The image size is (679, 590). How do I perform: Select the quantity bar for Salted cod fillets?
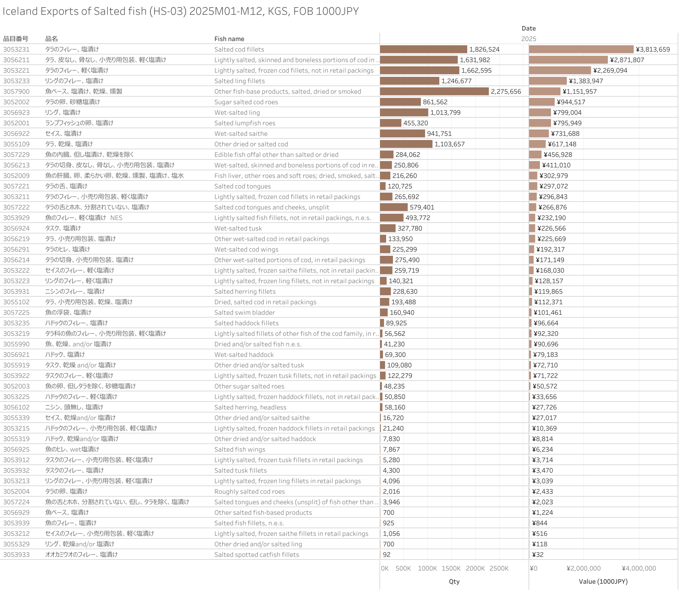[x=423, y=49]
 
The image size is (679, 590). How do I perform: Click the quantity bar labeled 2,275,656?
[x=434, y=91]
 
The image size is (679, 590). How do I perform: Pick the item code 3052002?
[x=16, y=102]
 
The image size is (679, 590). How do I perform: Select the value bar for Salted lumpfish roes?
[x=540, y=123]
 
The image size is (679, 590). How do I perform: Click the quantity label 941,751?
[x=439, y=134]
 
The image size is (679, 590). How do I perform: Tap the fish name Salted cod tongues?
[x=242, y=186]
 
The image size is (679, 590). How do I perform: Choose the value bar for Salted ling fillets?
[x=547, y=81]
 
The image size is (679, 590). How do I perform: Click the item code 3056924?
[x=16, y=228]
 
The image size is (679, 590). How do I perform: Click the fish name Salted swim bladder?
[x=245, y=312]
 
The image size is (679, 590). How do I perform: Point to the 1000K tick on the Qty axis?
[x=427, y=568]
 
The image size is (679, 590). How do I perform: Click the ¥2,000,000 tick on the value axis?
[x=583, y=568]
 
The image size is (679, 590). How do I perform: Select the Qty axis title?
[x=454, y=582]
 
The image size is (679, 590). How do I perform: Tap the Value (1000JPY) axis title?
[x=603, y=582]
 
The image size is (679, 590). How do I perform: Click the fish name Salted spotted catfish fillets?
[x=257, y=555]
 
